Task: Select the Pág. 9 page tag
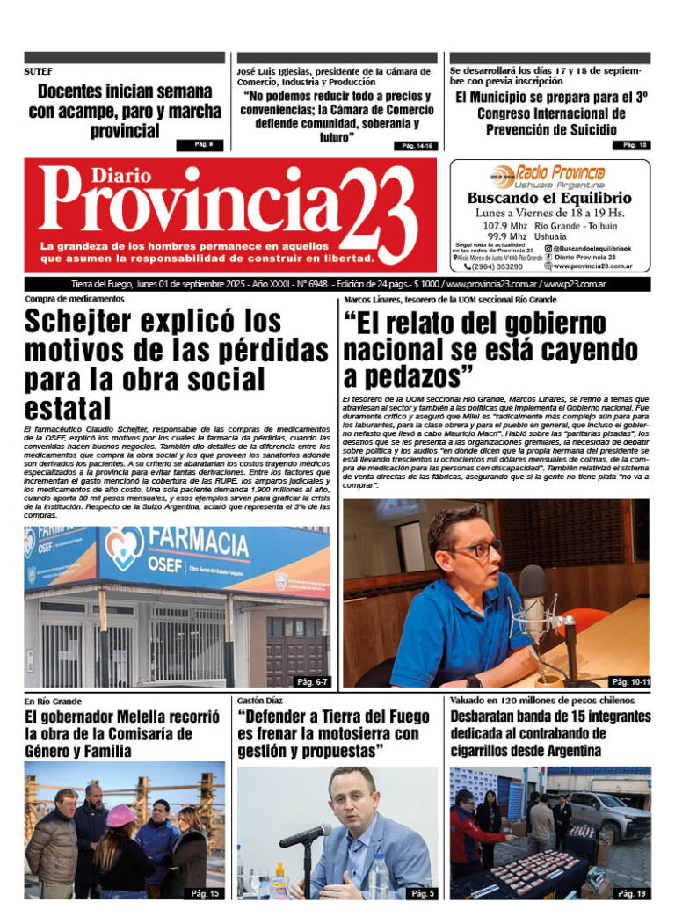(x=200, y=145)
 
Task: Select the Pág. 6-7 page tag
(x=311, y=681)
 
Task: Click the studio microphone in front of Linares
(x=533, y=594)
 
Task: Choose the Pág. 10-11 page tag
(x=628, y=681)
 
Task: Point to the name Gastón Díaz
(x=260, y=701)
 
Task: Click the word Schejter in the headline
(x=92, y=321)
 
